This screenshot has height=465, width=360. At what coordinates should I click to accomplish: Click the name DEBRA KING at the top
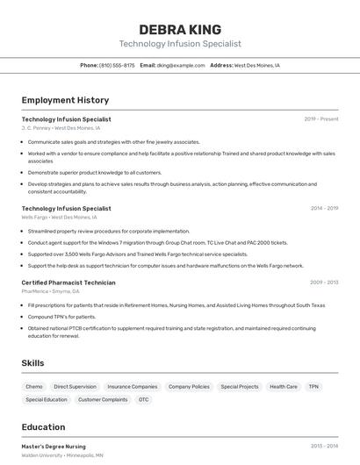click(x=180, y=29)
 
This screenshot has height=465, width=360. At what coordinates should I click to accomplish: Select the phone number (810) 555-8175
click(x=117, y=66)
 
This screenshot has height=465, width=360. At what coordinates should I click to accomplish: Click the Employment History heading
click(x=65, y=100)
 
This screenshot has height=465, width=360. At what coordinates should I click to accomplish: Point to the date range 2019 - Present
click(x=321, y=119)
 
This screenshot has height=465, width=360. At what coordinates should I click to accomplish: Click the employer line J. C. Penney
click(x=61, y=127)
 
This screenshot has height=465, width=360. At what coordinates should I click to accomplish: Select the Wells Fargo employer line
click(x=60, y=217)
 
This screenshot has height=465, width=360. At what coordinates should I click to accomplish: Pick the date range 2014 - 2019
click(x=324, y=209)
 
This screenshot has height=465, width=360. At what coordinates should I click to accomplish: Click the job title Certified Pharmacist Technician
click(x=68, y=283)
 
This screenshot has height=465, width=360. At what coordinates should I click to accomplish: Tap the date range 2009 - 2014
click(x=324, y=283)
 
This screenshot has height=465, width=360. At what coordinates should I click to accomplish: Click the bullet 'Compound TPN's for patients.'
click(x=61, y=317)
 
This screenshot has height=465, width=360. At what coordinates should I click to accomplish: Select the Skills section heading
click(x=33, y=362)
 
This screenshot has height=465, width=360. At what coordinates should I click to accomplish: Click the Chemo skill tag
click(x=34, y=386)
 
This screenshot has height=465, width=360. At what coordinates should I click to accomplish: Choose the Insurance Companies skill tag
click(x=133, y=386)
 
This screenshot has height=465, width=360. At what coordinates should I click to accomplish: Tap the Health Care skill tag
click(x=284, y=386)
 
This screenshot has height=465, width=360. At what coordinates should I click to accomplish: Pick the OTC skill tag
click(x=144, y=400)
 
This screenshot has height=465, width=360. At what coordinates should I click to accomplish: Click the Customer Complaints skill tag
click(x=103, y=400)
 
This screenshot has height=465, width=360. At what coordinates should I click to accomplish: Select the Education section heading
click(x=43, y=427)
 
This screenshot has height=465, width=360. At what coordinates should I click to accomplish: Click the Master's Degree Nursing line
click(x=54, y=447)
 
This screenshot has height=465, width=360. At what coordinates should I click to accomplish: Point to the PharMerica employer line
click(x=50, y=290)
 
